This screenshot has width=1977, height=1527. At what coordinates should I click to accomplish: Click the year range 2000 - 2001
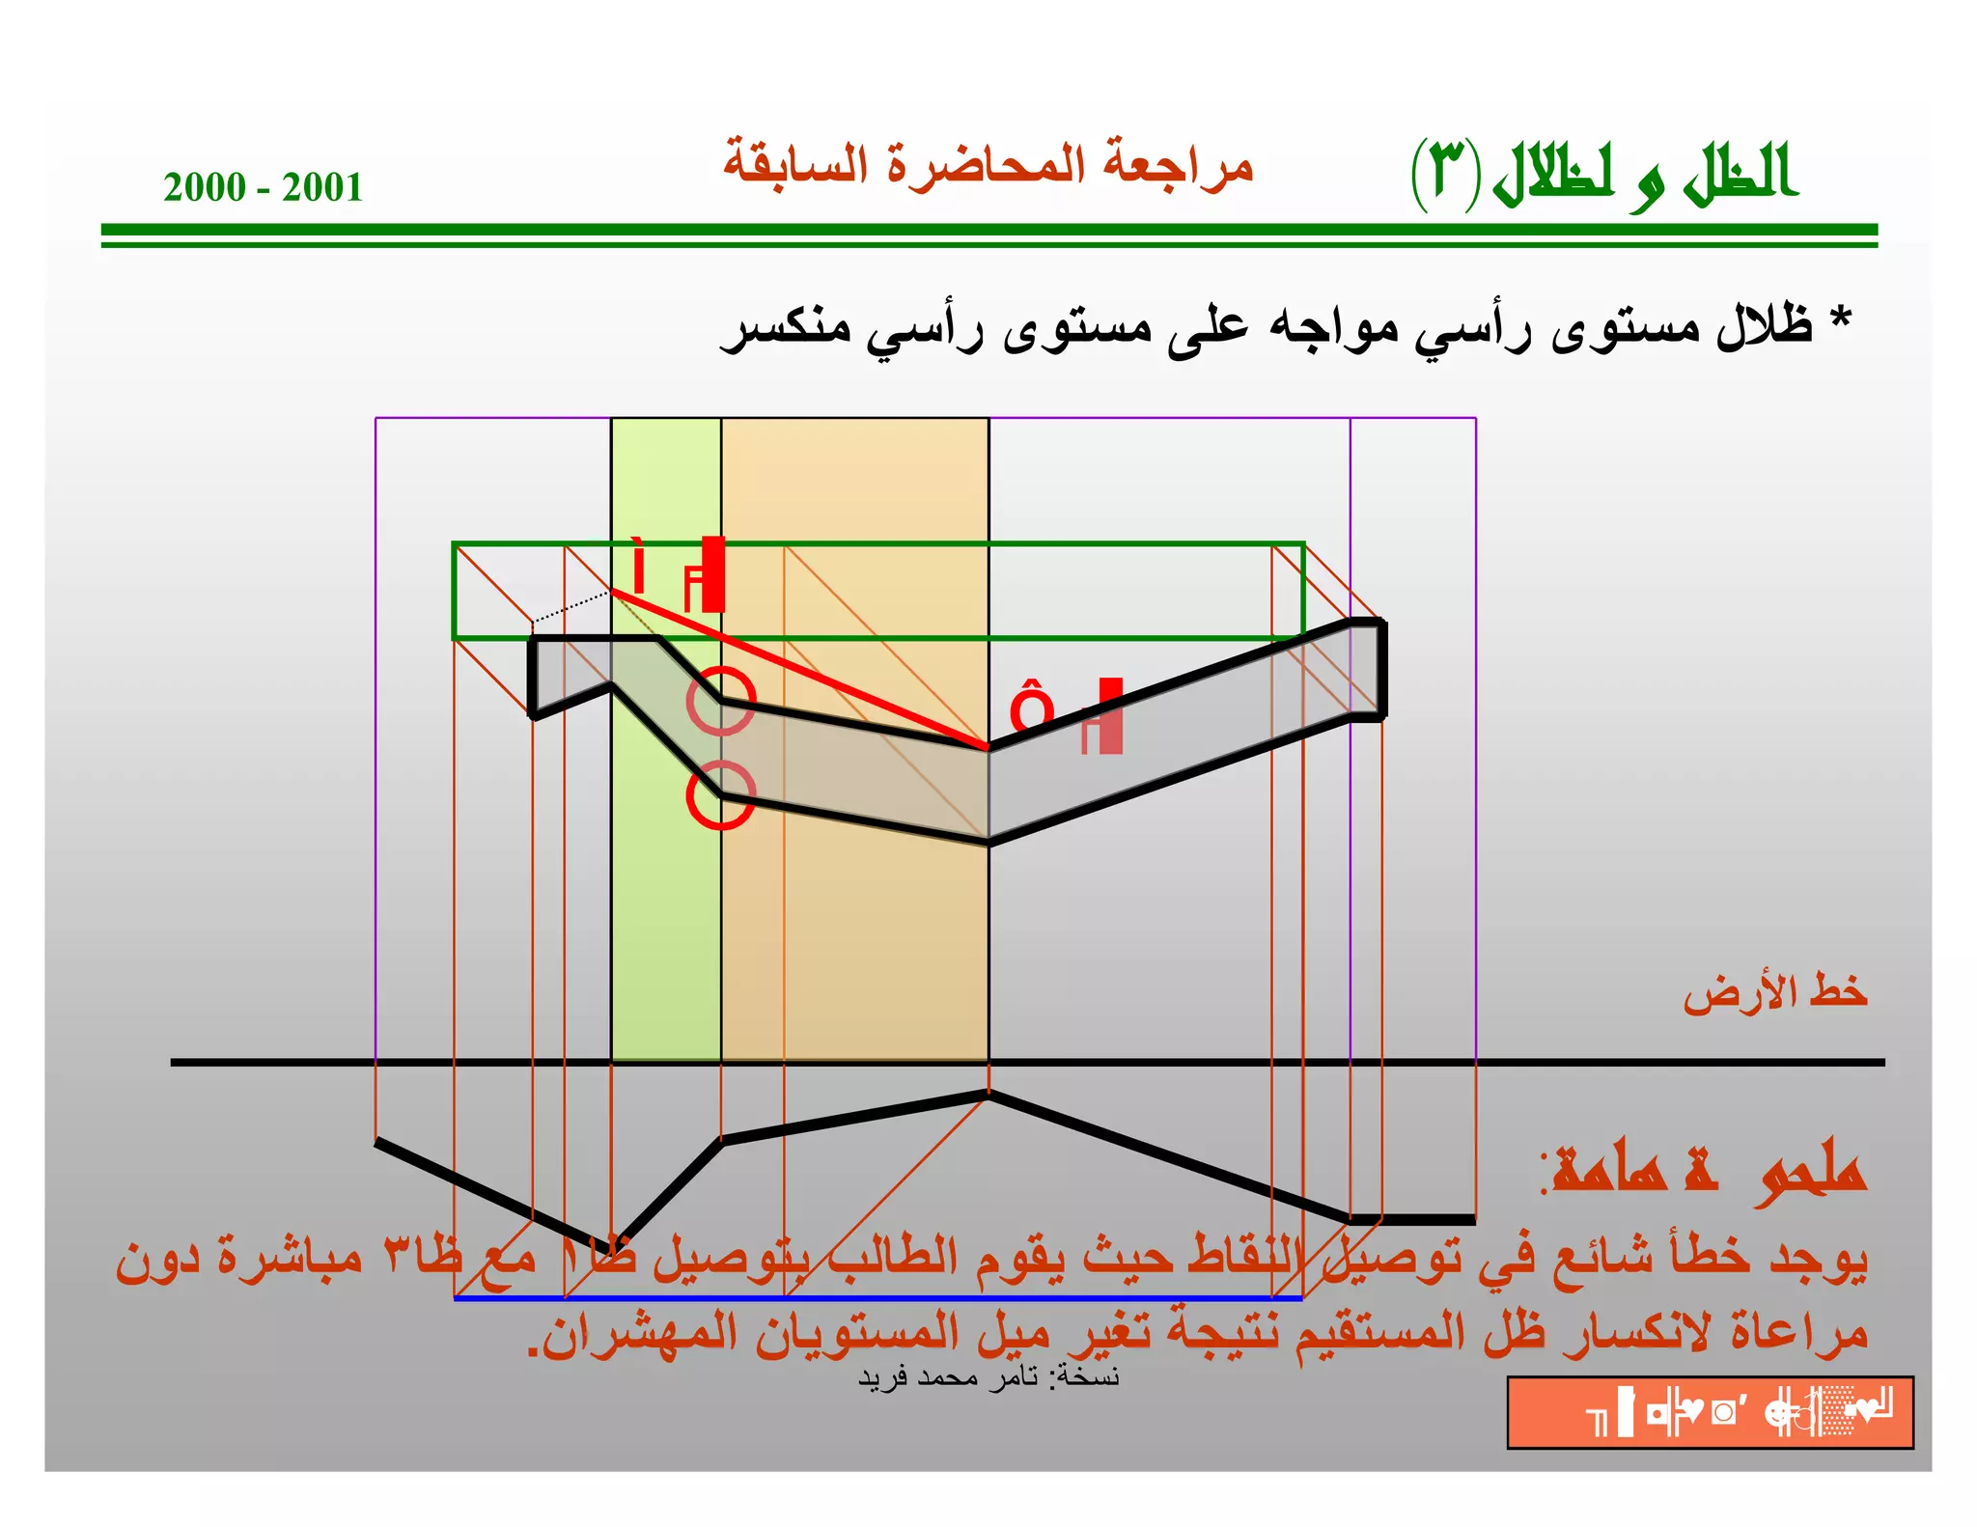point(263,187)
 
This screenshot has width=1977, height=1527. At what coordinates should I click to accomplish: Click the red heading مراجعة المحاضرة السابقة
point(988,164)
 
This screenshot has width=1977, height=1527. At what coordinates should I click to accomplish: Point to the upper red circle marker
point(721,701)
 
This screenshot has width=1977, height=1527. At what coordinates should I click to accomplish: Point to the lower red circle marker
point(721,794)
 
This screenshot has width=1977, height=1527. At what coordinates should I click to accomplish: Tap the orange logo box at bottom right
point(1710,1412)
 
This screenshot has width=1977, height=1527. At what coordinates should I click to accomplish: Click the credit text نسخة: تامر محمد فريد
point(988,1376)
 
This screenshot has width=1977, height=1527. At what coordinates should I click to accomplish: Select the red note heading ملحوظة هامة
point(1704,1171)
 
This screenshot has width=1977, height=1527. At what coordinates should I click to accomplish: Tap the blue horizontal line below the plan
point(878,1298)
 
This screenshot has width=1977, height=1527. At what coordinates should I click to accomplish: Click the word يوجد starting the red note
point(1819,1258)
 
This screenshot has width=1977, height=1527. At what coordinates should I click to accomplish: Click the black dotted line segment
point(571,607)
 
